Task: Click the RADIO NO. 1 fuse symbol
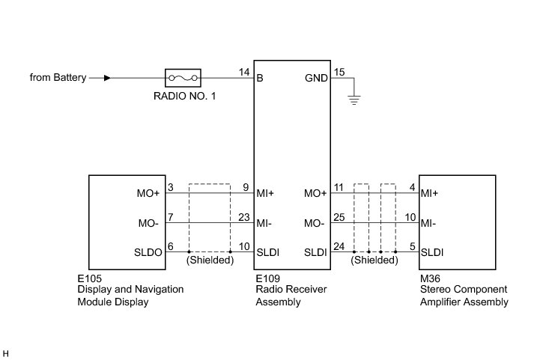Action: pos(183,78)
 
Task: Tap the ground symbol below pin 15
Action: pos(354,100)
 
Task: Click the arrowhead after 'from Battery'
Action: pos(107,78)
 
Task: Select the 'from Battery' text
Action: pos(58,77)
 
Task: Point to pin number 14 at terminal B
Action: pos(244,72)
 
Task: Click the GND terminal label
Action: pos(316,79)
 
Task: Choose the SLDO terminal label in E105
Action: pos(148,252)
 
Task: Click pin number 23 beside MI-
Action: pos(244,217)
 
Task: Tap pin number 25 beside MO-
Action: pos(339,217)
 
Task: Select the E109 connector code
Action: pos(267,278)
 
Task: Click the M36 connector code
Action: pos(430,278)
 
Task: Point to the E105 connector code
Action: pos(90,278)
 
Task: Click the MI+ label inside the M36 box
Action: pos(429,193)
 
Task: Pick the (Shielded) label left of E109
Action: pos(210,260)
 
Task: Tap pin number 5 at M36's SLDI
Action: pos(413,246)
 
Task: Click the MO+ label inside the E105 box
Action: pos(148,193)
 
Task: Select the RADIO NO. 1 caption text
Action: pos(184,96)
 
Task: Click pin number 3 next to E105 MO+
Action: pos(171,188)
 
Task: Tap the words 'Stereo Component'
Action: pos(464,289)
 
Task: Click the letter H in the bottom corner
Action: pos(5,354)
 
